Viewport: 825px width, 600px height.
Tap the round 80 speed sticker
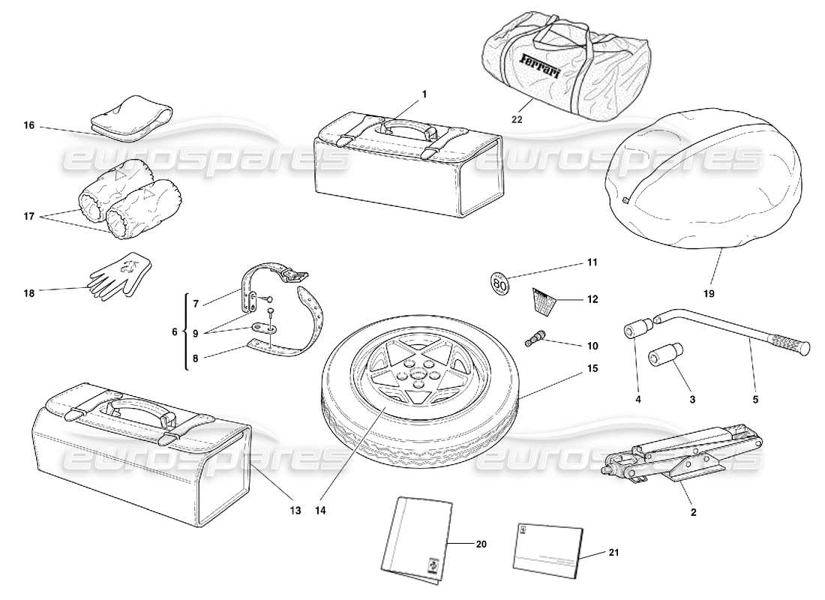[x=499, y=283]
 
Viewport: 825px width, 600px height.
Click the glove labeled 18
[x=120, y=273]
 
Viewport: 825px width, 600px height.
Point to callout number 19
[x=709, y=293]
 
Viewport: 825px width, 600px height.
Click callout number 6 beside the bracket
[x=175, y=331]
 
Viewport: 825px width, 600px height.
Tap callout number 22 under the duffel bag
[x=517, y=118]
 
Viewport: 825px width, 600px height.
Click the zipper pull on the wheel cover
[x=625, y=200]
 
